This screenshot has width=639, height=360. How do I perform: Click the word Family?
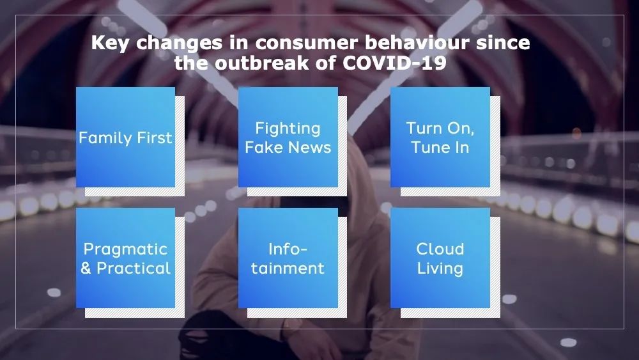(105, 137)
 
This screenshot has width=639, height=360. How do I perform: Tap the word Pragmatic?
(125, 249)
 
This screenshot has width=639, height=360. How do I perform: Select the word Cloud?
(440, 249)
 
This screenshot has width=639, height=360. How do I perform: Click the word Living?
(440, 268)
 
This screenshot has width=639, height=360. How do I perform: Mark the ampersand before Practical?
(86, 268)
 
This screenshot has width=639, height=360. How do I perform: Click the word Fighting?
(288, 128)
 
